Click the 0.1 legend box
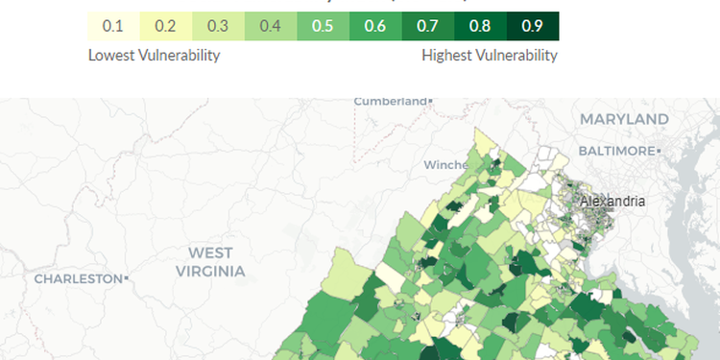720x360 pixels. coord(113,26)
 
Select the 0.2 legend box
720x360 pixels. coord(166,26)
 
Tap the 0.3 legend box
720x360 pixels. coord(218,26)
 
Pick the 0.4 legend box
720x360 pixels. coord(271,26)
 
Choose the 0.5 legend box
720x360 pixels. coord(324,26)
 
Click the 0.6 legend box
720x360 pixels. coord(375,26)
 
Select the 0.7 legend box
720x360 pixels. coord(428,26)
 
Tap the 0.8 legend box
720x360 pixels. coord(480,26)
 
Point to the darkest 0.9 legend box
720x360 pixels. coord(533,26)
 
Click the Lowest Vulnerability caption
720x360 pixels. coord(154,56)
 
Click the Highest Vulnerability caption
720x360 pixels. coord(490,56)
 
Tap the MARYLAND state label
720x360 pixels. coord(624,119)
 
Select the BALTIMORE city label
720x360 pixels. coord(615,152)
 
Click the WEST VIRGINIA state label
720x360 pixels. coord(210,262)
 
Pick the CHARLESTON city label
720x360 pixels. coord(77,278)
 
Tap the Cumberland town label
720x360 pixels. coord(391,101)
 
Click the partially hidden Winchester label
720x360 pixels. coord(444,165)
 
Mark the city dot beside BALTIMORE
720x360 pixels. coord(659,152)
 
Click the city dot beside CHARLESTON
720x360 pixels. coord(125,278)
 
